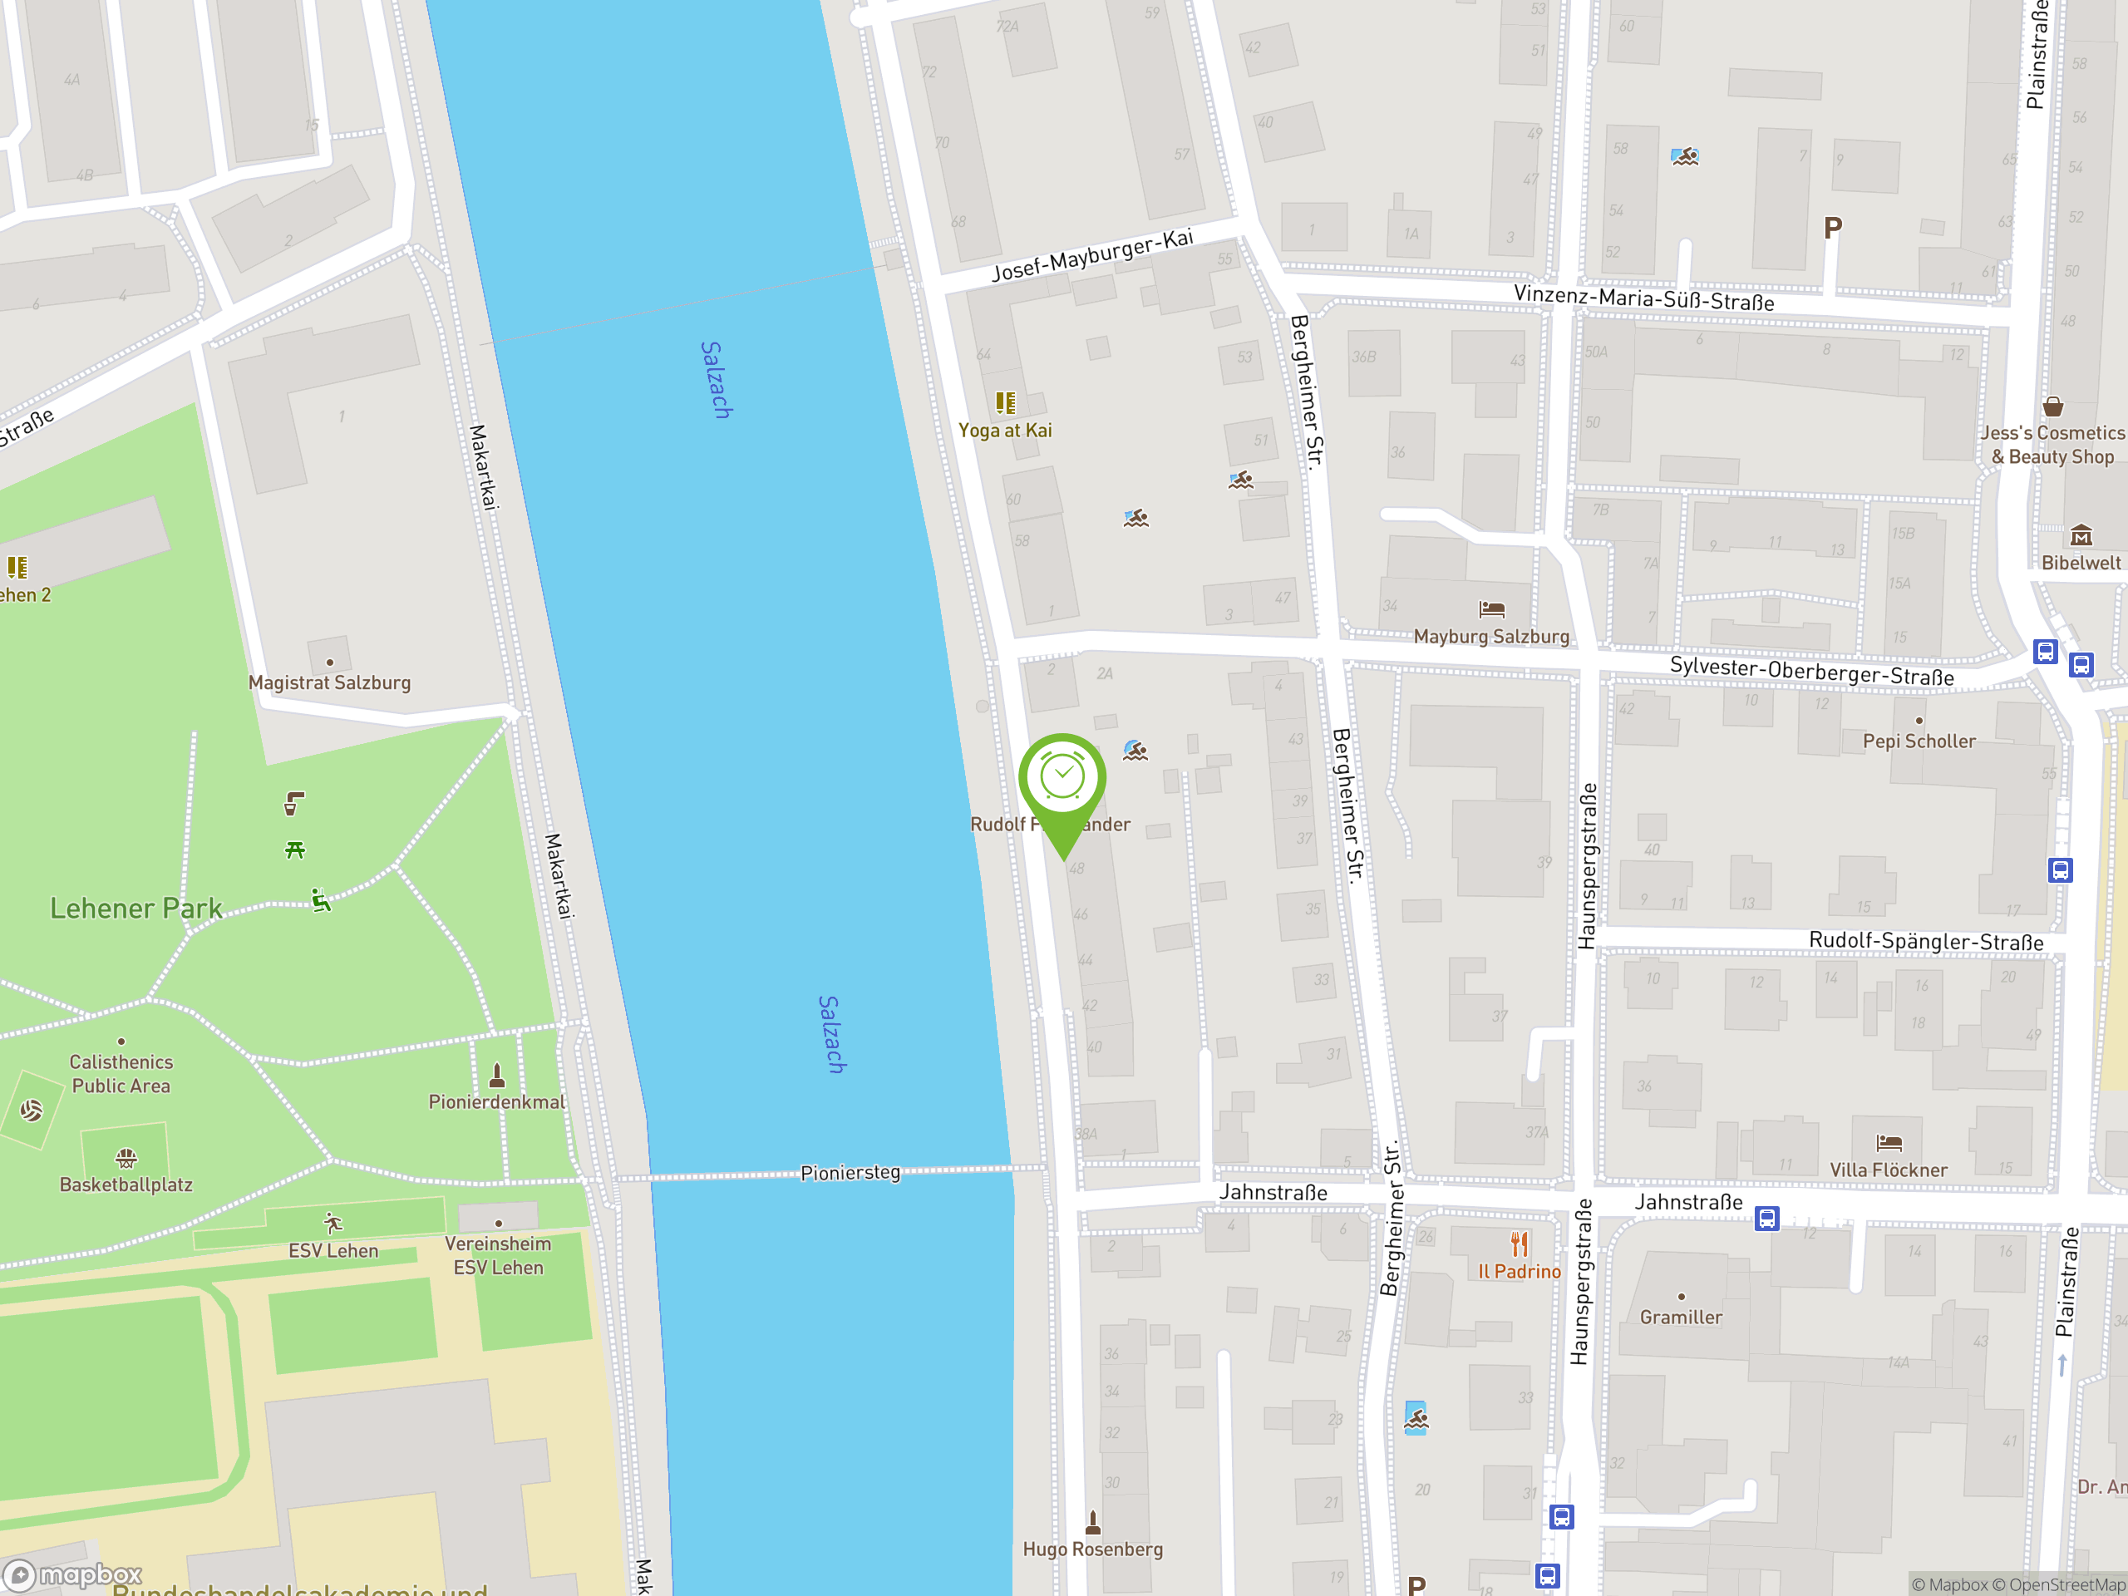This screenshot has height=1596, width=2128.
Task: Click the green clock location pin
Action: pos(1062,779)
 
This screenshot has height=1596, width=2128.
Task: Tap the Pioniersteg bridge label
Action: pos(850,1172)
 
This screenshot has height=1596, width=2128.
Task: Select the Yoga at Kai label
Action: pos(1004,430)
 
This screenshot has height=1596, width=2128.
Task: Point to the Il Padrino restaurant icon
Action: pos(1519,1244)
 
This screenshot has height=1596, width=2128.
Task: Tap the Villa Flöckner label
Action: pos(1888,1170)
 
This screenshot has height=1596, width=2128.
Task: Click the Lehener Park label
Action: pos(135,909)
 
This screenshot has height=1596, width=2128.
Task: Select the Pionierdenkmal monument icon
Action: pos(496,1074)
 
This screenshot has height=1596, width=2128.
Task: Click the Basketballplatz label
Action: pos(126,1185)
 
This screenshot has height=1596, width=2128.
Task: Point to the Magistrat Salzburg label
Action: pos(329,682)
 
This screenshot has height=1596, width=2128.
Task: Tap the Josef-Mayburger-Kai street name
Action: pos(1092,255)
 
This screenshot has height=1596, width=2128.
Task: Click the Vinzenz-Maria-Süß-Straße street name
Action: pos(1643,298)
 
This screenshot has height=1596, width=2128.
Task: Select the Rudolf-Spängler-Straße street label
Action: pos(1925,941)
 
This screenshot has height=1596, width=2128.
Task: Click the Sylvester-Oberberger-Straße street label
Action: pos(1811,671)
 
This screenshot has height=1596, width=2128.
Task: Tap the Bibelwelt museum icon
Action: pos(2081,534)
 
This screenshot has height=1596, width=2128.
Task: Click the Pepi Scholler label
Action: pos(1919,741)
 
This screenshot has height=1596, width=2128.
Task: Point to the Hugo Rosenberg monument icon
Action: pos(1092,1522)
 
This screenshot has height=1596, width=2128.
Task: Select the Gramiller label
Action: pos(1681,1317)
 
